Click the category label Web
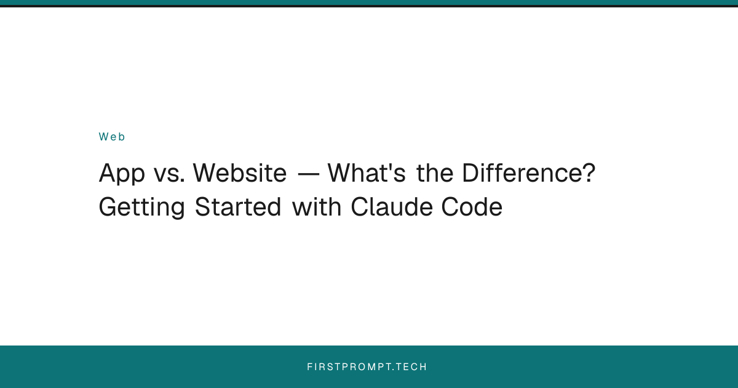pyautogui.click(x=112, y=137)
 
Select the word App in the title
pyautogui.click(x=121, y=174)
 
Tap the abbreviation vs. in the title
pyautogui.click(x=168, y=174)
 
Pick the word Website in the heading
pyautogui.click(x=239, y=174)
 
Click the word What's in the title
pyautogui.click(x=366, y=174)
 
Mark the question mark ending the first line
pyautogui.click(x=589, y=174)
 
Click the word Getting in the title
pyautogui.click(x=142, y=208)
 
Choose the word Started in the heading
pyautogui.click(x=239, y=207)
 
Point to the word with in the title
pyautogui.click(x=317, y=207)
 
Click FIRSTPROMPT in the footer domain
pyautogui.click(x=349, y=367)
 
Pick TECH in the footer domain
pyautogui.click(x=411, y=367)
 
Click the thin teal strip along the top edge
pyautogui.click(x=369, y=2)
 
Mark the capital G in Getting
pyautogui.click(x=108, y=208)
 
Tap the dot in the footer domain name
pyautogui.click(x=394, y=370)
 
